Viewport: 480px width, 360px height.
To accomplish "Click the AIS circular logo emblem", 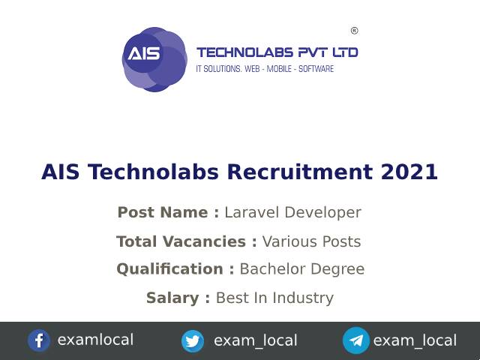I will (x=153, y=58).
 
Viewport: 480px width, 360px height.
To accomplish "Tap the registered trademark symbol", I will (x=354, y=31).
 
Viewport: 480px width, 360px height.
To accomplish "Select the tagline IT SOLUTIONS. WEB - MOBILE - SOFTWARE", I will (x=265, y=69).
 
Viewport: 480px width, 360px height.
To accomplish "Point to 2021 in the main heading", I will (x=409, y=172).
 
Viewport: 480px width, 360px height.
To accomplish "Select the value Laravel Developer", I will (x=292, y=212).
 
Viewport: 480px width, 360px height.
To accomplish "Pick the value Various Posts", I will (x=311, y=241).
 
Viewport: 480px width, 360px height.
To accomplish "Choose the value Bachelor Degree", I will (x=301, y=268).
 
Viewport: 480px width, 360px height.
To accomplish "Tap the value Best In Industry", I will (x=274, y=298).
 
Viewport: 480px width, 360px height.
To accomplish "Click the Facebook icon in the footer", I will (x=39, y=340).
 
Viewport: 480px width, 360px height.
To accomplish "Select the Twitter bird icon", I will (x=193, y=341).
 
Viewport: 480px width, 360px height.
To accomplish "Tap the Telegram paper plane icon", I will (x=356, y=341).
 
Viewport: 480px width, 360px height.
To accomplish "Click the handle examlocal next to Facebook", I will (x=95, y=340).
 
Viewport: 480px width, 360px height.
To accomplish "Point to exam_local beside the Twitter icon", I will (x=255, y=340).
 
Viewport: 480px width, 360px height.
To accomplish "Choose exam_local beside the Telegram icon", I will (x=415, y=340).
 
